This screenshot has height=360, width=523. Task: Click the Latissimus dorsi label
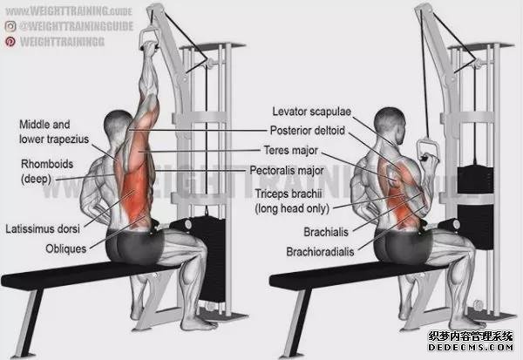[x=43, y=229]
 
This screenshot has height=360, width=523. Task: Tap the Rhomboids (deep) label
[x=47, y=171]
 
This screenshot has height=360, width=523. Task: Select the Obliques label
[x=66, y=248]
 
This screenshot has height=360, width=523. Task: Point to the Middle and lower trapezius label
[x=54, y=132]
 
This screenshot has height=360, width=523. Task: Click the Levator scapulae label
[x=311, y=112]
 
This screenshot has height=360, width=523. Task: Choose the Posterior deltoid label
[x=307, y=131]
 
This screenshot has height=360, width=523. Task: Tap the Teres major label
[x=291, y=151]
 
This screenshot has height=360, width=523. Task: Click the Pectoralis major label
[x=287, y=171]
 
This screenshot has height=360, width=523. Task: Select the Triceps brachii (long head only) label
[x=292, y=201]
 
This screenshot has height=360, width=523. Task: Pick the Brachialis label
[x=326, y=232]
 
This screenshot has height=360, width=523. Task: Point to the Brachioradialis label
[x=320, y=252]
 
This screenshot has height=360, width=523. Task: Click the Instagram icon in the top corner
[x=10, y=26]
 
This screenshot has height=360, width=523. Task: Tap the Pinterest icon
[x=10, y=41]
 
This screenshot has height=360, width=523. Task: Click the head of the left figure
[x=118, y=125]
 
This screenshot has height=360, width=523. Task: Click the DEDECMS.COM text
[x=471, y=347]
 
